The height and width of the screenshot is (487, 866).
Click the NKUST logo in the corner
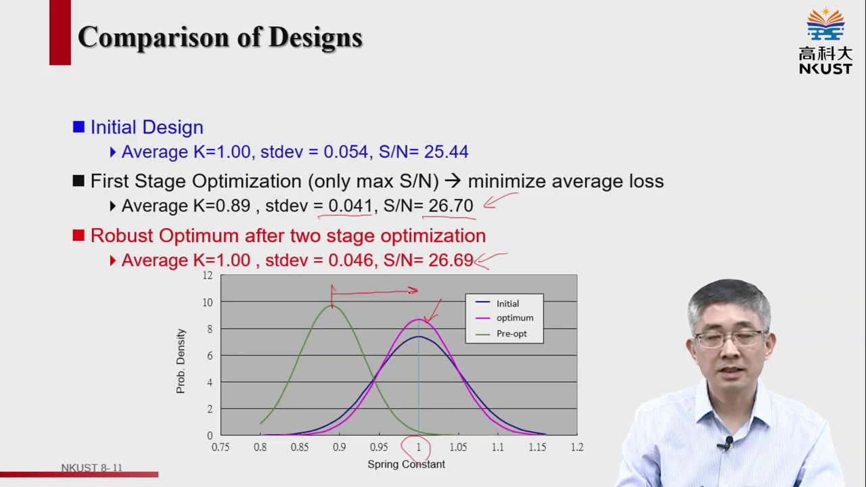(825, 41)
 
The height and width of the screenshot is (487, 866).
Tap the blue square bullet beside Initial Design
(78, 127)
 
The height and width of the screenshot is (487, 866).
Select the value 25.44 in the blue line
(446, 152)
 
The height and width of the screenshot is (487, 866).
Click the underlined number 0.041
(350, 206)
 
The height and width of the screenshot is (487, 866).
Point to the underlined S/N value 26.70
(451, 206)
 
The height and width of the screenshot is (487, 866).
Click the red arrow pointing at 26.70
(500, 201)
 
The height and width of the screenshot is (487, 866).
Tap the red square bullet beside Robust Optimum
(78, 235)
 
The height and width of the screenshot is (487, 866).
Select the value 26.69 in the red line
(451, 260)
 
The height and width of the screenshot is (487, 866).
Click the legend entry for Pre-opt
(511, 333)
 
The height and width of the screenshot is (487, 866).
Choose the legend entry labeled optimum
(514, 318)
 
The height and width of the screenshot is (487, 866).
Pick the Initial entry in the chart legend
(507, 304)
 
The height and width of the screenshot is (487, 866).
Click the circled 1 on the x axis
(418, 447)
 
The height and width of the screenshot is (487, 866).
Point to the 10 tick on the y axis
(207, 302)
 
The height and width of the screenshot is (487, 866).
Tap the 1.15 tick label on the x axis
(537, 447)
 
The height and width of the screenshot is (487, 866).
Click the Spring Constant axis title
(406, 464)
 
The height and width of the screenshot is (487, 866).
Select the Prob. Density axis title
(181, 361)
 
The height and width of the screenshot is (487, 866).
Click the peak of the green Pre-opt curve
(332, 306)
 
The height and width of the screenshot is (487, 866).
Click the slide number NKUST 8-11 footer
(91, 468)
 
